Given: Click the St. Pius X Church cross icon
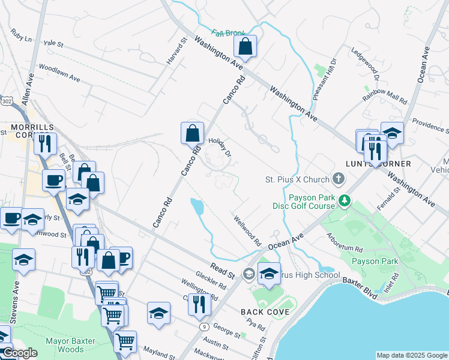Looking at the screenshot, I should (339, 179).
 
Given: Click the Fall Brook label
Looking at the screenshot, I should (228, 33).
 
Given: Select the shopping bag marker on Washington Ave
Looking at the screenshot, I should (245, 46).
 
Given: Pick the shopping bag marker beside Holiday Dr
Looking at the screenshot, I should (193, 133).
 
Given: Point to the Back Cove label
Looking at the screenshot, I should (265, 312).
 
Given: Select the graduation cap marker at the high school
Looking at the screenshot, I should (269, 273).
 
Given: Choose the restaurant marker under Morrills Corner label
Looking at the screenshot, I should (45, 143).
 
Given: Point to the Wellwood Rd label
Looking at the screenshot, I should (247, 231).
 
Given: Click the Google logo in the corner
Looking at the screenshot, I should (19, 353).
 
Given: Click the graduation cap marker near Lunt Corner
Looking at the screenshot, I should (392, 133).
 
